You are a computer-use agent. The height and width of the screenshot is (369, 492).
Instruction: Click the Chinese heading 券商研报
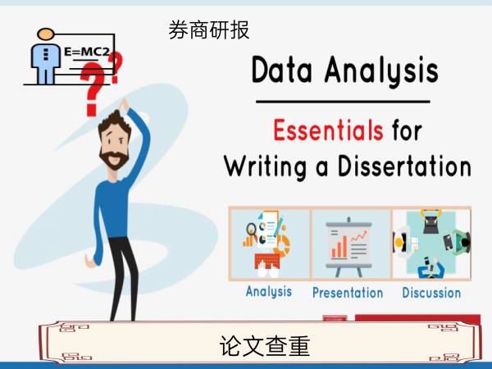tap(209, 30)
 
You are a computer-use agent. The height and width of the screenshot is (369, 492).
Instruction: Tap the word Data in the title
tap(282, 70)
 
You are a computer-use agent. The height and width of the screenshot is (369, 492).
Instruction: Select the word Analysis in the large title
tap(381, 71)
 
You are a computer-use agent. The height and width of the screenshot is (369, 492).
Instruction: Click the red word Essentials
tap(328, 130)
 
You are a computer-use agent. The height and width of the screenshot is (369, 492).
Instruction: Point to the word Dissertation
tap(404, 166)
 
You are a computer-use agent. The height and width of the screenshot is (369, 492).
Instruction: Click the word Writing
tap(266, 167)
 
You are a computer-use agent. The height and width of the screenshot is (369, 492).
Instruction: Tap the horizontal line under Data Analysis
tap(343, 102)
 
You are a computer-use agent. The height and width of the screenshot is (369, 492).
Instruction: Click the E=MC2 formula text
tap(87, 52)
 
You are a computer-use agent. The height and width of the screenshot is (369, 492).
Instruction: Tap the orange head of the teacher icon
tap(46, 34)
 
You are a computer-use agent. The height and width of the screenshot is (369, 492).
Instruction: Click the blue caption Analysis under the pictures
tap(269, 291)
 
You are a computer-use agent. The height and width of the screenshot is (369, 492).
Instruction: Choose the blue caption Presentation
tap(348, 293)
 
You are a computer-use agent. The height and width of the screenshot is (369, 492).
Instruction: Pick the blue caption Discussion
tap(431, 293)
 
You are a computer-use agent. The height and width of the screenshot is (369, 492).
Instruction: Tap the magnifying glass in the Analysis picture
tap(251, 230)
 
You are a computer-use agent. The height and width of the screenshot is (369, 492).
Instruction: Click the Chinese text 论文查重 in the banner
tap(265, 346)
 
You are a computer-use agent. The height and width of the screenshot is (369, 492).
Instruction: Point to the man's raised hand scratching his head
tap(124, 104)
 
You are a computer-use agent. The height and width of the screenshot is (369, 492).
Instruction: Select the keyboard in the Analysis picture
tap(267, 262)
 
